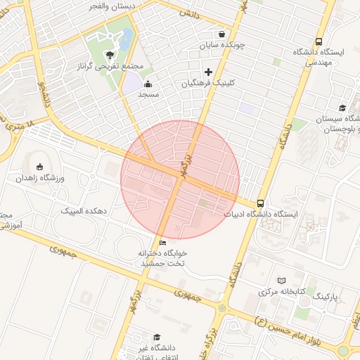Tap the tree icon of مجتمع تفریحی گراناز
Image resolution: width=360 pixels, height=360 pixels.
[108, 54]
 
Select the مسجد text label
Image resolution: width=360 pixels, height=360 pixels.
[148, 94]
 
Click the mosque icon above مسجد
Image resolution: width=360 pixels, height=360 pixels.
[148, 84]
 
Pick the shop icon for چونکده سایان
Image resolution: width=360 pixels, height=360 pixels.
[222, 34]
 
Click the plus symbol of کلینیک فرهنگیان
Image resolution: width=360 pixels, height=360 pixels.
[208, 71]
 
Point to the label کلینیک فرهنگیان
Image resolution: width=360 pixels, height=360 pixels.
[209, 83]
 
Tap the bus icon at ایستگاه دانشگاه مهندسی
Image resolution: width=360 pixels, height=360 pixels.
[319, 42]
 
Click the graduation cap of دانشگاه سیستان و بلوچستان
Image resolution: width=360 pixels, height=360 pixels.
[342, 108]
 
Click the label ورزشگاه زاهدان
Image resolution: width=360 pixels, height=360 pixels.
[41, 178]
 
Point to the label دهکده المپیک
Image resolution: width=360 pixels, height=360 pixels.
[82, 210]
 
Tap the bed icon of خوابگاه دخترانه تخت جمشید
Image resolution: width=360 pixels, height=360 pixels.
[163, 243]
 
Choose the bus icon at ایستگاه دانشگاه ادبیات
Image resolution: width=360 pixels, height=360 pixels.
[261, 203]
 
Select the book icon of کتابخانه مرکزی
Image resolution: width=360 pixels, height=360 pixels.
[282, 281]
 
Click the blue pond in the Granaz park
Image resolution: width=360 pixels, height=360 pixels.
[127, 41]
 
